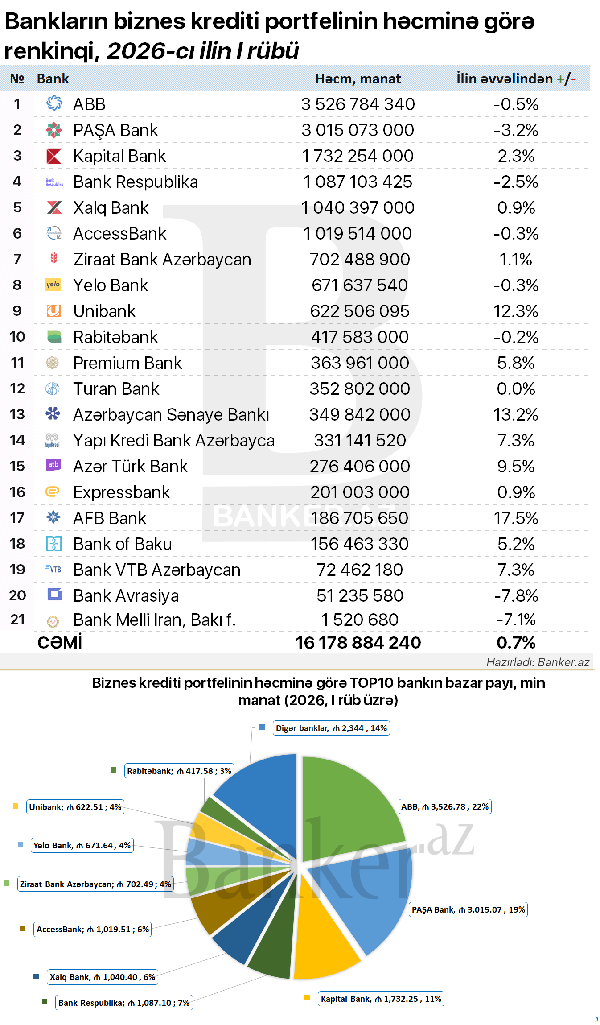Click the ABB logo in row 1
pyautogui.click(x=54, y=103)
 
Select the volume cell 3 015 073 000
pyautogui.click(x=358, y=130)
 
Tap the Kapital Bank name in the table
pyautogui.click(x=119, y=156)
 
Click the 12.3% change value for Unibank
pyautogui.click(x=516, y=311)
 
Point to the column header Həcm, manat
pyautogui.click(x=358, y=79)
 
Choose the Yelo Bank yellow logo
pyautogui.click(x=53, y=285)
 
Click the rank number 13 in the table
pyautogui.click(x=17, y=414)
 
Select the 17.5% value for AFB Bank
pyautogui.click(x=516, y=518)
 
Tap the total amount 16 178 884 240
pyautogui.click(x=358, y=643)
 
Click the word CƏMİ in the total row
pyautogui.click(x=60, y=643)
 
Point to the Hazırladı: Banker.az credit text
pyautogui.click(x=537, y=662)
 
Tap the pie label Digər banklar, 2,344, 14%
pyautogui.click(x=331, y=728)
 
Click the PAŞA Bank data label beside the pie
pyautogui.click(x=468, y=909)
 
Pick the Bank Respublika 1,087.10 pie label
pyautogui.click(x=124, y=1003)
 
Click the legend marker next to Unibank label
pyautogui.click(x=16, y=806)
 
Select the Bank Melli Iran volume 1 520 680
pyautogui.click(x=360, y=620)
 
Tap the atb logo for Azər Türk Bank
pyautogui.click(x=53, y=465)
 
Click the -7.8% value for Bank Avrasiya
pyautogui.click(x=516, y=596)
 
